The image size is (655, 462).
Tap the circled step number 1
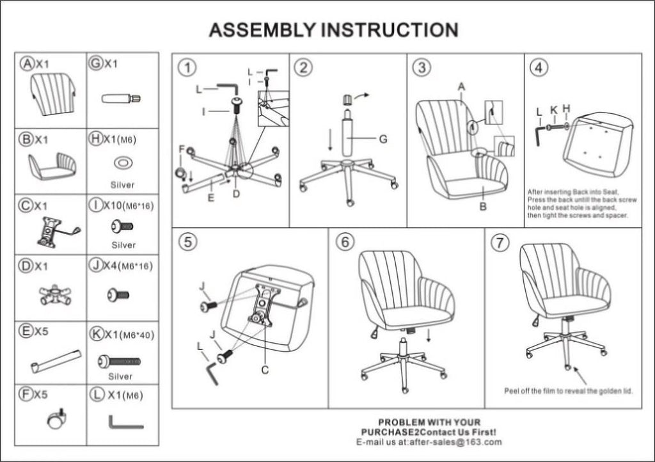pyautogui.click(x=186, y=67)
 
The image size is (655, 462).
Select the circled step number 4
pyautogui.click(x=539, y=67)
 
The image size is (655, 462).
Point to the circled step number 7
pyautogui.click(x=499, y=243)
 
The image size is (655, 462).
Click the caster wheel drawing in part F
pyautogui.click(x=56, y=420)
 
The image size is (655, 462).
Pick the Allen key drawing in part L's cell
pyautogui.click(x=125, y=422)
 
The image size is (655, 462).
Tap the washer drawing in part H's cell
pyautogui.click(x=123, y=163)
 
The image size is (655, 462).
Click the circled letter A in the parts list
pyautogui.click(x=27, y=63)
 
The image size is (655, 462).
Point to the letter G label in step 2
pyautogui.click(x=383, y=138)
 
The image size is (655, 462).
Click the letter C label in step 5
pyautogui.click(x=265, y=369)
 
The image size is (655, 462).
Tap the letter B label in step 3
pyautogui.click(x=482, y=207)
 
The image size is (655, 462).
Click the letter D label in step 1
pyautogui.click(x=236, y=193)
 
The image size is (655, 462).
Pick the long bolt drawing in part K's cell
pyautogui.click(x=119, y=362)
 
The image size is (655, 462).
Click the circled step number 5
pyautogui.click(x=186, y=243)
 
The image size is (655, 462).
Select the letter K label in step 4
pyautogui.click(x=554, y=109)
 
